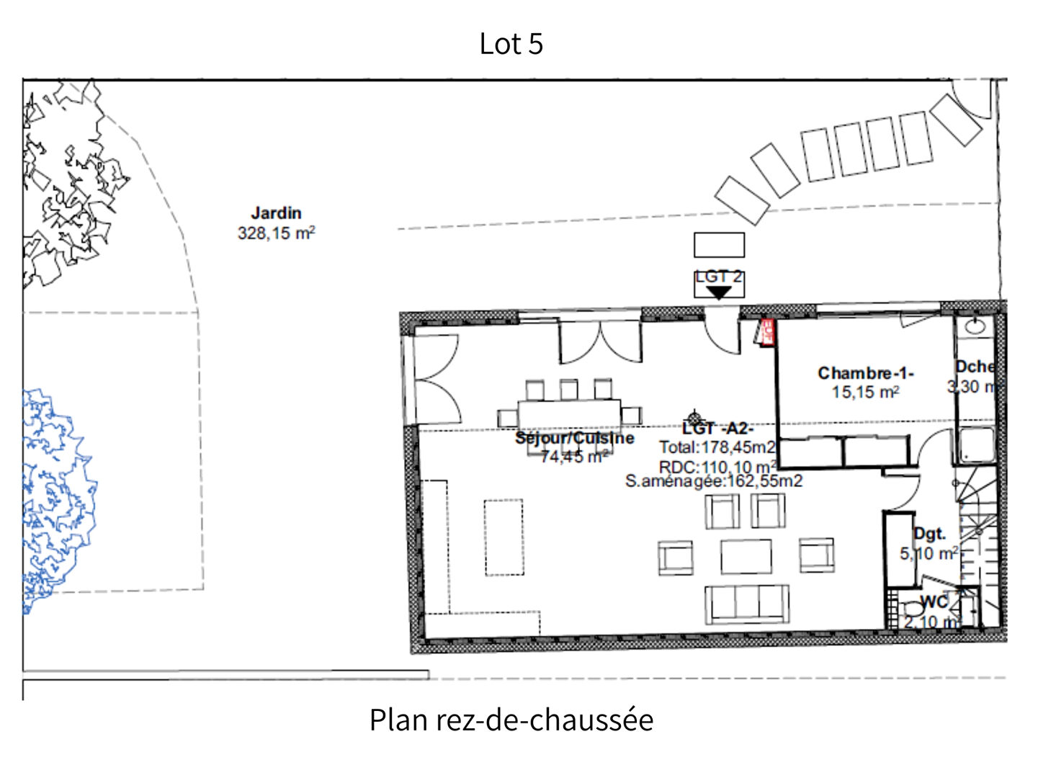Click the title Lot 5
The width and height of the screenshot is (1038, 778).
click(511, 44)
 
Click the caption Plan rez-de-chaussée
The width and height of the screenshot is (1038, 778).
click(511, 720)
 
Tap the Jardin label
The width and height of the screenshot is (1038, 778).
click(276, 213)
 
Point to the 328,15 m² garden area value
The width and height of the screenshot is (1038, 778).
click(276, 233)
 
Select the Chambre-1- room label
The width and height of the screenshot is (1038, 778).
click(865, 373)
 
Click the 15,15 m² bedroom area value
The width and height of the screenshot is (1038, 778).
click(865, 393)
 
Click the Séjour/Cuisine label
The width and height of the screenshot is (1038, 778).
click(574, 438)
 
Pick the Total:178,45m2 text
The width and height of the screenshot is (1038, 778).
click(717, 447)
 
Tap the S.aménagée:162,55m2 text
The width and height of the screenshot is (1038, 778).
click(713, 481)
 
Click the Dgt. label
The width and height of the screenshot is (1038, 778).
click(929, 534)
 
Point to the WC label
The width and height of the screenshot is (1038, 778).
click(934, 602)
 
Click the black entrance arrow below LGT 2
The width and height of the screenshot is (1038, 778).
click(718, 292)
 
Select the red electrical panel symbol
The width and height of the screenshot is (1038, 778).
click(766, 333)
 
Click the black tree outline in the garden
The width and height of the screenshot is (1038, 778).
click(65, 187)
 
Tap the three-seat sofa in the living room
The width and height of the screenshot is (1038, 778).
click(746, 604)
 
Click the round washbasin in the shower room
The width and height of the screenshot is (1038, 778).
click(975, 326)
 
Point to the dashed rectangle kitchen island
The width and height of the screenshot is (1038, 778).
click(504, 537)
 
